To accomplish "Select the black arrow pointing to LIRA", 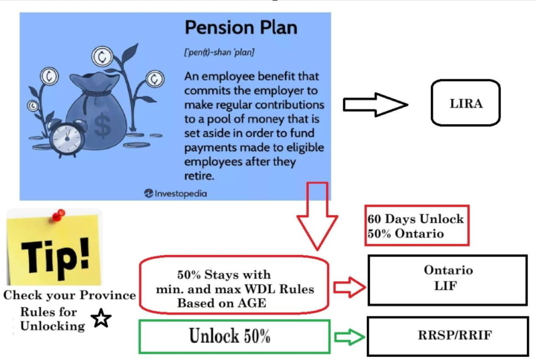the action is (375, 105).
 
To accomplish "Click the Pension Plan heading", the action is (241, 28).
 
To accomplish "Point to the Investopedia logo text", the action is (176, 193).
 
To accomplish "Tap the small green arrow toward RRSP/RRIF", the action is (349, 337).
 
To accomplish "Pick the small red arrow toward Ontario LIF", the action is (349, 286).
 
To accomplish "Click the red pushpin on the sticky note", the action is (59, 215).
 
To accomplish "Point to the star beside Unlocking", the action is (101, 318).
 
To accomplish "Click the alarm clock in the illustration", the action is (68, 138).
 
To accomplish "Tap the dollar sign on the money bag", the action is (103, 126).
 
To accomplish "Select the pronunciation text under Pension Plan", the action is (219, 53).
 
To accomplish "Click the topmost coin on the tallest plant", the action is (102, 57).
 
